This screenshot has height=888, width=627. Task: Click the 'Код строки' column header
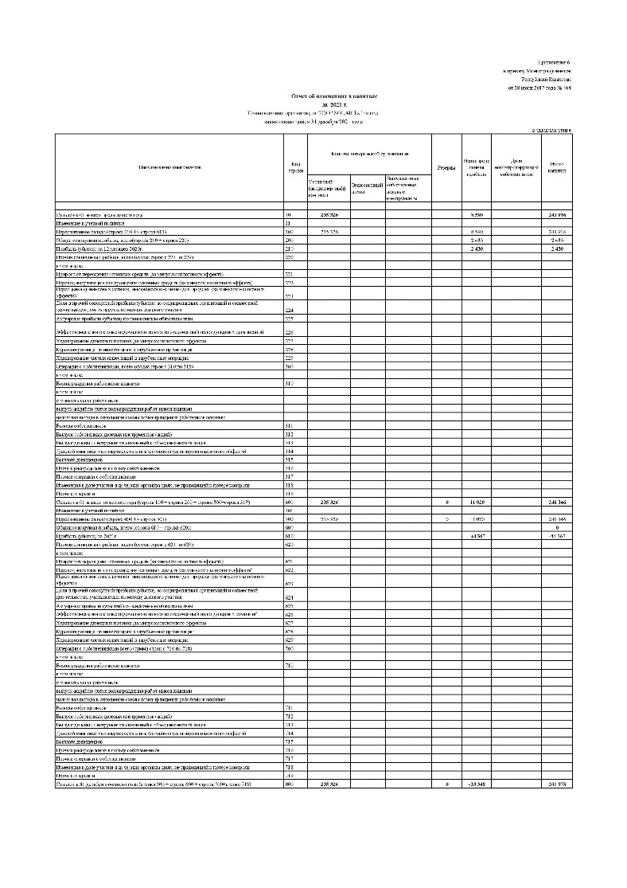click(x=295, y=168)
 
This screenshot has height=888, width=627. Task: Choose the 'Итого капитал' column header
click(x=557, y=167)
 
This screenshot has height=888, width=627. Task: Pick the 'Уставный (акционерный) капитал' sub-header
click(x=327, y=187)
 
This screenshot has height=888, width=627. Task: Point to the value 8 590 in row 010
click(x=476, y=215)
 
